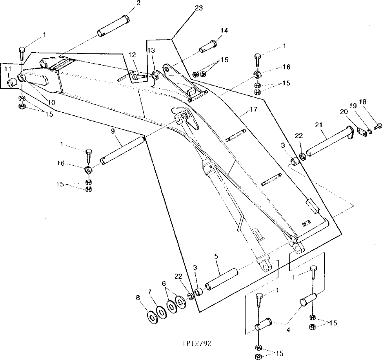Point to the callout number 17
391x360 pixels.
coord(254,110)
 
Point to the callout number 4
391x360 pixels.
coord(288,330)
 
